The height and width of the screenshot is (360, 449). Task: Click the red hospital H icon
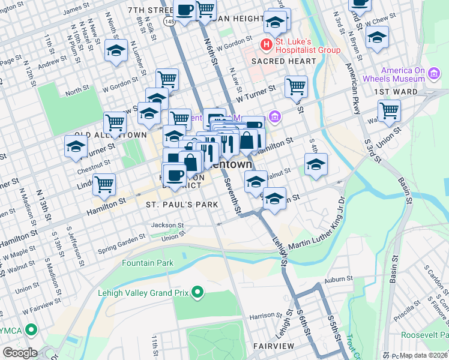(266, 44)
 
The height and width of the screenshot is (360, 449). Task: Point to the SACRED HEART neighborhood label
(283, 61)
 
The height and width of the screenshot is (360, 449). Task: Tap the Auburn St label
(339, 278)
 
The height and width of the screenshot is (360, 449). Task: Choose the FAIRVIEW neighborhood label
(273, 347)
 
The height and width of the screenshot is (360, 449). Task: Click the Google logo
(19, 353)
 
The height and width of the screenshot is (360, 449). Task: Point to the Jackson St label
(167, 224)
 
